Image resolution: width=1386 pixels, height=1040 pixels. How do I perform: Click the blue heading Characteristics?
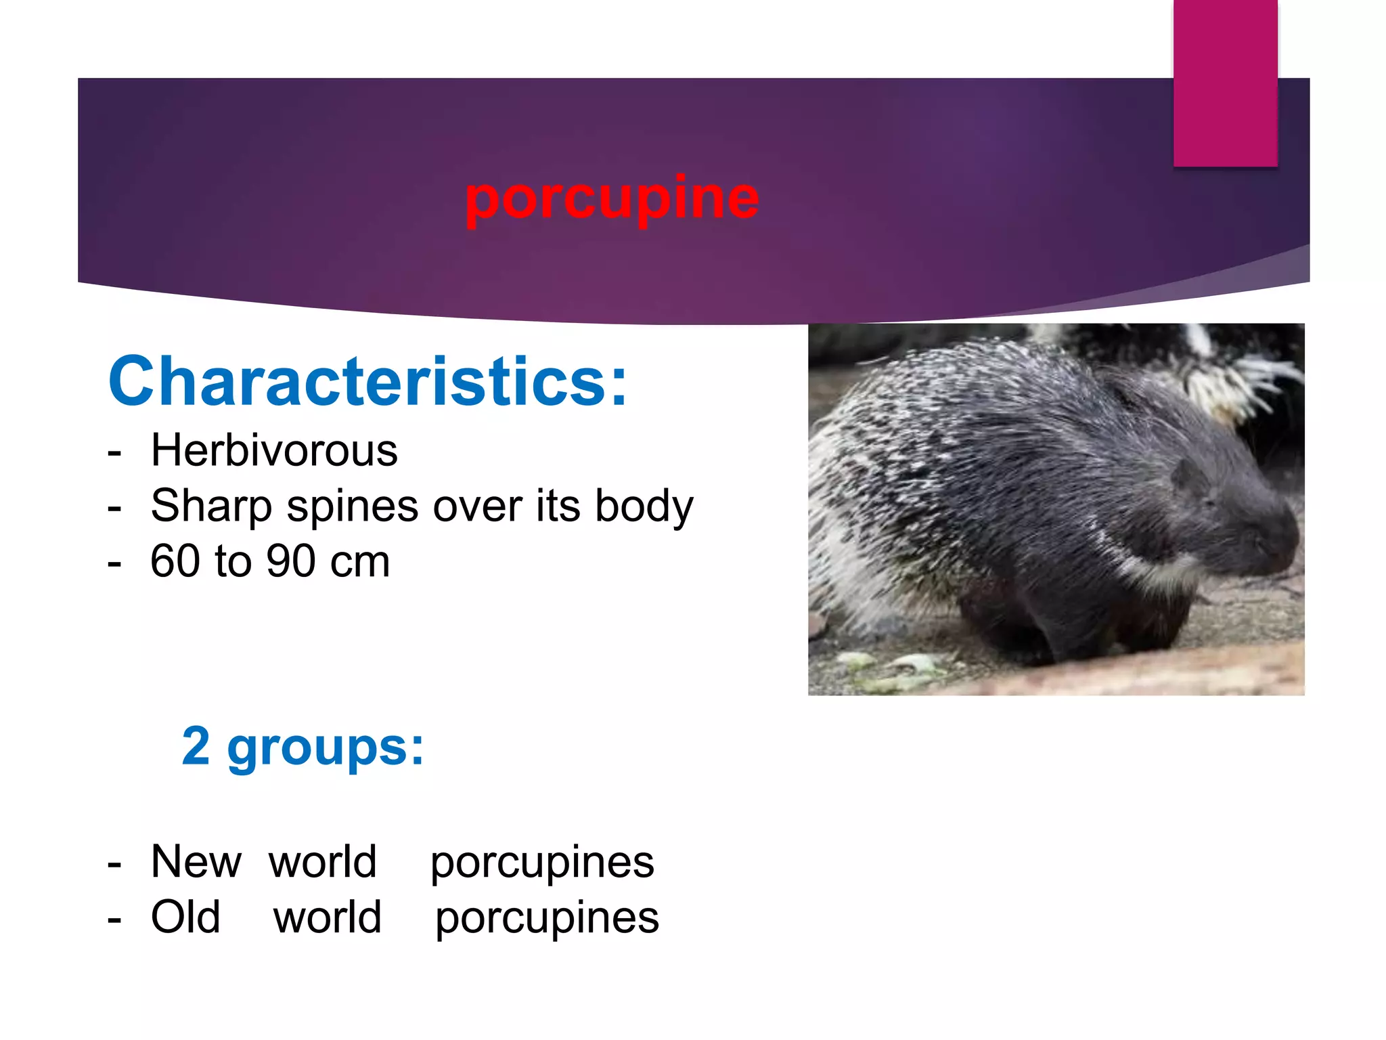pyautogui.click(x=368, y=382)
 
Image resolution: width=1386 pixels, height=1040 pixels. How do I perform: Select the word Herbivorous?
pyautogui.click(x=274, y=451)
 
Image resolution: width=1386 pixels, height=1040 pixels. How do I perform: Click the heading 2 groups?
pyautogui.click(x=303, y=747)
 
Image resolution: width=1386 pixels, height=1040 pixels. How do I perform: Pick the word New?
pyautogui.click(x=196, y=862)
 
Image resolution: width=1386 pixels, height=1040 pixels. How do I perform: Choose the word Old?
pyautogui.click(x=185, y=917)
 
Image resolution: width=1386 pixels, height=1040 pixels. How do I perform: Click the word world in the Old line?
pyautogui.click(x=328, y=917)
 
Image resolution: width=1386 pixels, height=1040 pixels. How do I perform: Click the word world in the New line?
pyautogui.click(x=323, y=862)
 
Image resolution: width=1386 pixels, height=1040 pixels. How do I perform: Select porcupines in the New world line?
pyautogui.click(x=543, y=863)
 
